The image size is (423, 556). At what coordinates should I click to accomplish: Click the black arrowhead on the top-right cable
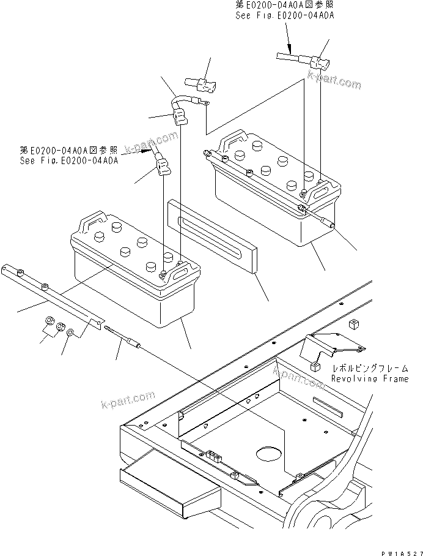click(x=289, y=56)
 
